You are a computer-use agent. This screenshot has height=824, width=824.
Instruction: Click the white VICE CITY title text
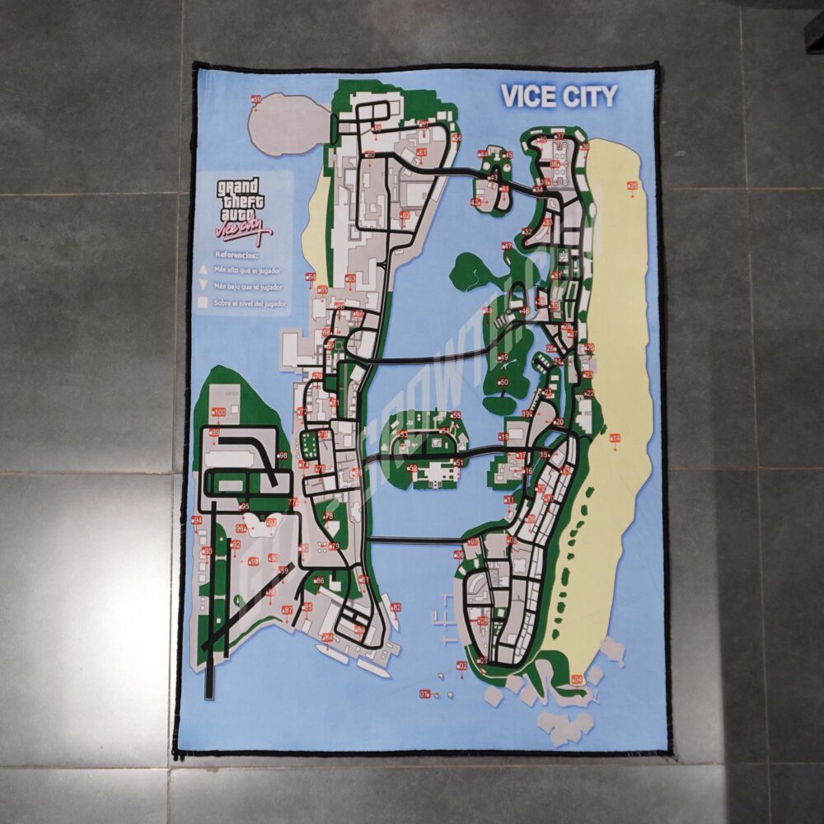[559, 96]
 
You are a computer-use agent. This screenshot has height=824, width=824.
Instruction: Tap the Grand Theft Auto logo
[240, 209]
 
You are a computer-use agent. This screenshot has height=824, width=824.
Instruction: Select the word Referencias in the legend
[236, 255]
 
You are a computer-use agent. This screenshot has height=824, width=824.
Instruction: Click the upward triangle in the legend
[202, 269]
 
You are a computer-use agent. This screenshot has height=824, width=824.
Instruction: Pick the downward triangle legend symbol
[202, 286]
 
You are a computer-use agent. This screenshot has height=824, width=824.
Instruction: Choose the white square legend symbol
[202, 303]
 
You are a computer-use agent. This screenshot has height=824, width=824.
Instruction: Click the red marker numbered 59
[255, 100]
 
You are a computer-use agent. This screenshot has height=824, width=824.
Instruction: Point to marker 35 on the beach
[632, 185]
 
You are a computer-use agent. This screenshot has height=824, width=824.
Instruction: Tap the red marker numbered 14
[615, 438]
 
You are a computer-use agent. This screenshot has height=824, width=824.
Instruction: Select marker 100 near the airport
[218, 411]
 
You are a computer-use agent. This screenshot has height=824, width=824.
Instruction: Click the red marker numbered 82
[396, 607]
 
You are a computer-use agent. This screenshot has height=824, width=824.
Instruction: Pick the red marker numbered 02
[461, 665]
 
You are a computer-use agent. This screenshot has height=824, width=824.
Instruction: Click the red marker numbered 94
[197, 520]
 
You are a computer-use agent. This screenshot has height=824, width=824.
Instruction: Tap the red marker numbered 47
[508, 246]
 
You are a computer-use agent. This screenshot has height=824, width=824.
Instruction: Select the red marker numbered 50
[503, 382]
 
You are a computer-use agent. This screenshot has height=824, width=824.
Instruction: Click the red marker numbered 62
[404, 215]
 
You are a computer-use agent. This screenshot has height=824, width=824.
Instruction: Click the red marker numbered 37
[559, 136]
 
